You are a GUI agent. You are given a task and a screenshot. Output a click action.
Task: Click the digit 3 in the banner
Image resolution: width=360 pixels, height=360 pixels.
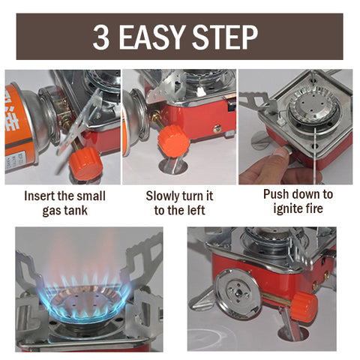pyautogui.click(x=101, y=37)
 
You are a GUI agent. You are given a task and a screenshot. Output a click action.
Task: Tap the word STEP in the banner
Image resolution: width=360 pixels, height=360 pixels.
pyautogui.click(x=225, y=37)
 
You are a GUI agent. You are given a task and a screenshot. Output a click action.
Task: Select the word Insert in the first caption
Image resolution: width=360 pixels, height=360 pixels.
pyautogui.click(x=39, y=196)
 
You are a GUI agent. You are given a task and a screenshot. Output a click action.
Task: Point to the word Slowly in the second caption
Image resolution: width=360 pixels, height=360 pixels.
pyautogui.click(x=162, y=196)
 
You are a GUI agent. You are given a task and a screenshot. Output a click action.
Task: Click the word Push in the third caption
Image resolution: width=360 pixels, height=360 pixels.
pyautogui.click(x=274, y=194)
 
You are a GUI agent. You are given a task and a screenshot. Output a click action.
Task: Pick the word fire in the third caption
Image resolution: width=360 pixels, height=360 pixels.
pyautogui.click(x=314, y=208)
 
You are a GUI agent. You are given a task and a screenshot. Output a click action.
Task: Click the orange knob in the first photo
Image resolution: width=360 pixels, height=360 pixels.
pyautogui.click(x=85, y=163)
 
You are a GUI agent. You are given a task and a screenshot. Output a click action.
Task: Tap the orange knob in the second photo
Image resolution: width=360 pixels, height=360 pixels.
pyautogui.click(x=173, y=141)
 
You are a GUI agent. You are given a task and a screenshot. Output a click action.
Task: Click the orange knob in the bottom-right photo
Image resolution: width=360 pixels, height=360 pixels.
pyautogui.click(x=304, y=307)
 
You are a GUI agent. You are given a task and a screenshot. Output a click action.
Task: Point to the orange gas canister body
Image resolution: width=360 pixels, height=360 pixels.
pyautogui.click(x=18, y=126)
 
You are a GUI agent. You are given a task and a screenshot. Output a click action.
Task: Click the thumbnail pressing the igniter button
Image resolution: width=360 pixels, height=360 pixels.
pyautogui.click(x=280, y=152)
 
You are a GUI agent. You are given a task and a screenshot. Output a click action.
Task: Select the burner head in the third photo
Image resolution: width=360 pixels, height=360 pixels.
pyautogui.click(x=313, y=106)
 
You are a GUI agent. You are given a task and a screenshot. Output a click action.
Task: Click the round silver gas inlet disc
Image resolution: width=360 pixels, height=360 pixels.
pyautogui.click(x=236, y=291)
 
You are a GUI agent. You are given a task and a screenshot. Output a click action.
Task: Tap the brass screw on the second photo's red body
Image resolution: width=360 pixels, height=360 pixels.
pyautogui.click(x=217, y=129)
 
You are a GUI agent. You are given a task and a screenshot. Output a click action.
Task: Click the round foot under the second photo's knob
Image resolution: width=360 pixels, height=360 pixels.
pyautogui.click(x=173, y=166)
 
